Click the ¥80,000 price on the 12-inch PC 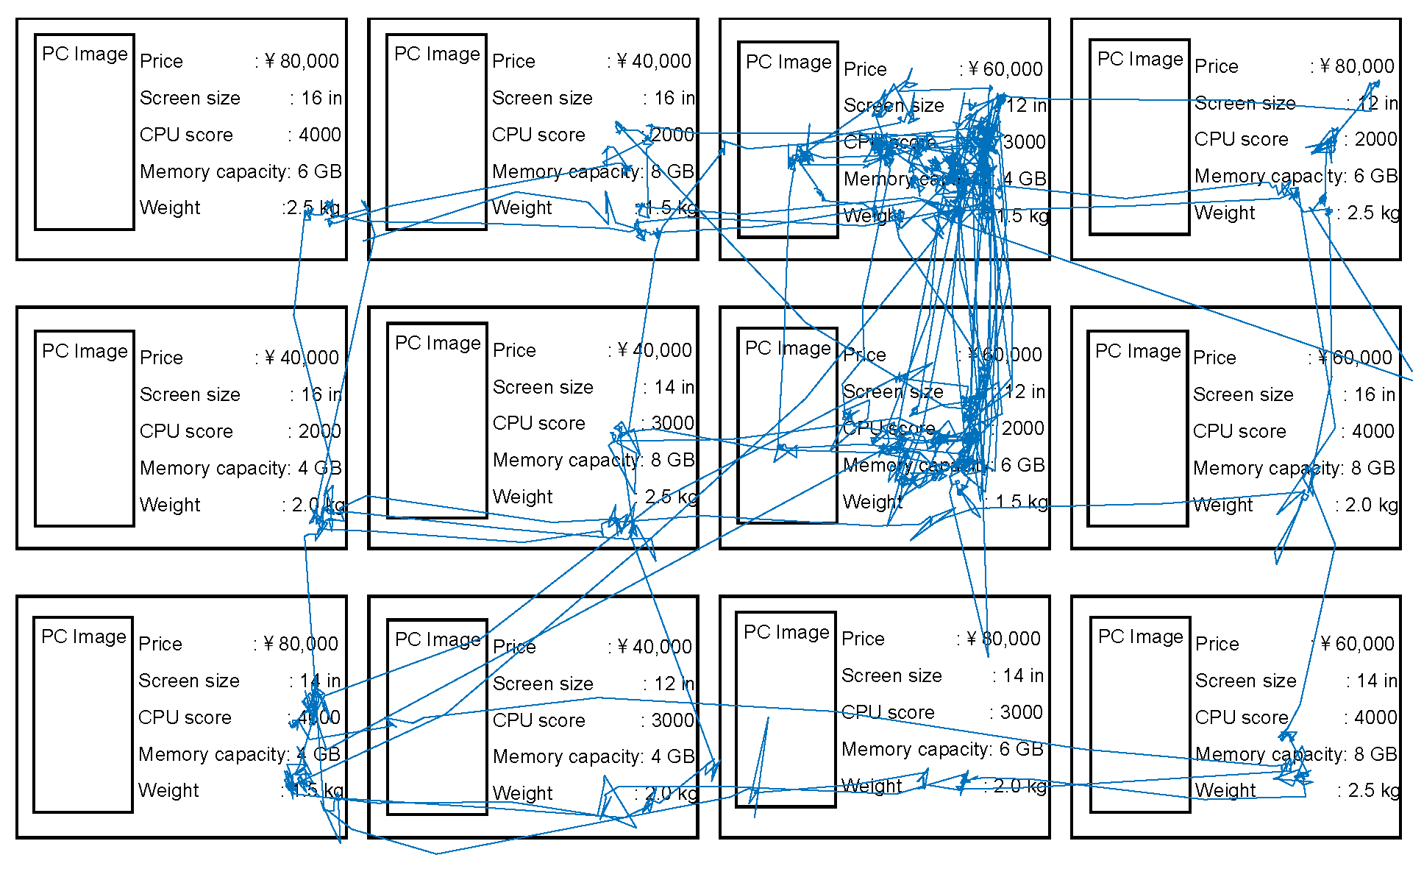point(1357,66)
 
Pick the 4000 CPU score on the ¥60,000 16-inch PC point(1373,431)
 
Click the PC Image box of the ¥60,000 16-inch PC point(1137,428)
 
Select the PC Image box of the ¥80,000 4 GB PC point(83,714)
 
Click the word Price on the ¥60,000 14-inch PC point(1217,644)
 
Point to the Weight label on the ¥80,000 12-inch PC point(1225,213)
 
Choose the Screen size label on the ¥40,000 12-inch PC point(543,684)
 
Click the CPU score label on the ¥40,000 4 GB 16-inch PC point(186,431)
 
